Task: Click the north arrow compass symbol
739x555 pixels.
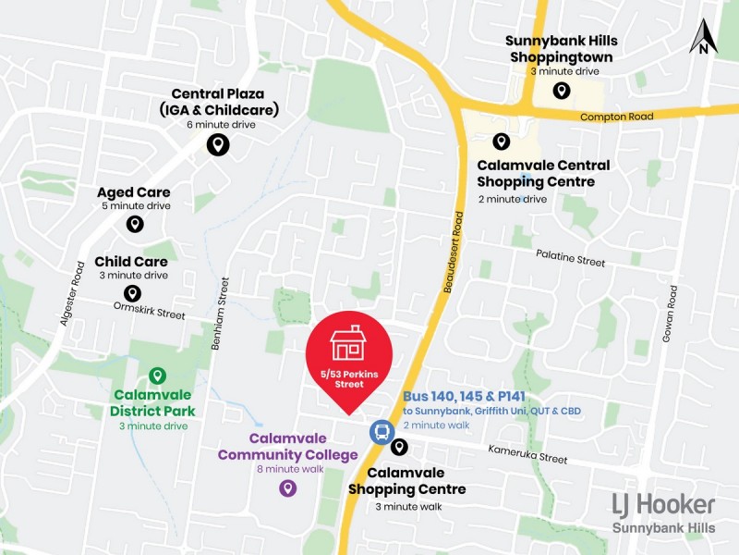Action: tap(704, 37)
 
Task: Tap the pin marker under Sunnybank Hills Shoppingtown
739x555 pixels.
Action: tap(561, 90)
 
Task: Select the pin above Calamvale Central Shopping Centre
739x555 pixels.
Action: tap(501, 142)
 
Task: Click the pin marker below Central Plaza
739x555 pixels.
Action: tap(217, 144)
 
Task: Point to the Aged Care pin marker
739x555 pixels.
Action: tap(135, 224)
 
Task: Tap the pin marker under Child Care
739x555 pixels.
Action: tap(133, 293)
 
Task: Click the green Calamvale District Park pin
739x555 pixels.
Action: tap(157, 376)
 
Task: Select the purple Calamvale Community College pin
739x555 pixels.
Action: tap(288, 487)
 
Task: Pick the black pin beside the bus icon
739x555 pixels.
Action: tap(399, 448)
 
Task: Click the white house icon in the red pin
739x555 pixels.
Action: tap(349, 343)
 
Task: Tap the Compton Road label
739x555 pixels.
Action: tap(616, 117)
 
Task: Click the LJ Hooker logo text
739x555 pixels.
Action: tap(663, 504)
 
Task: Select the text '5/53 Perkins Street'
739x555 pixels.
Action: tap(349, 378)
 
